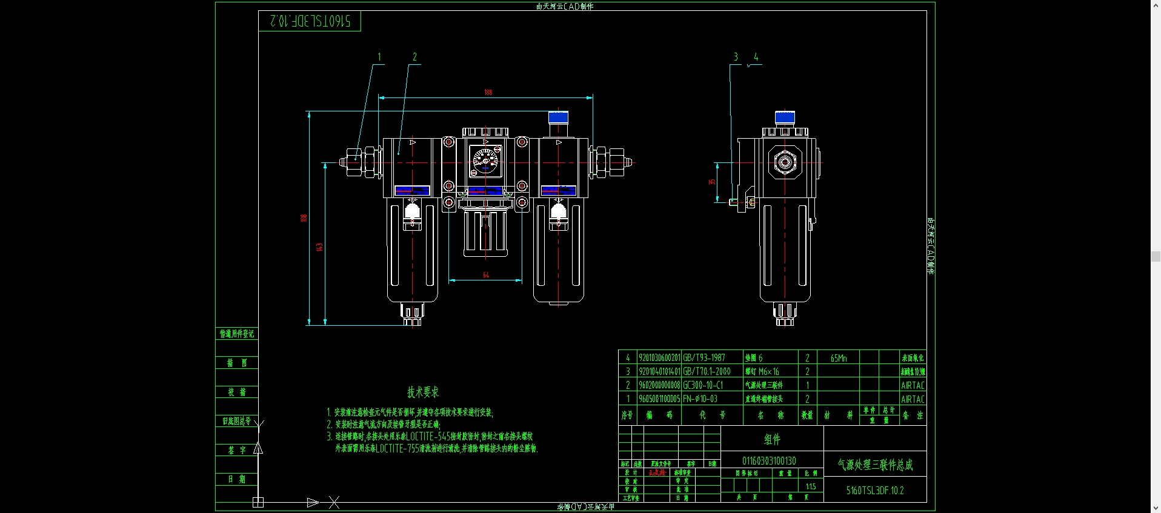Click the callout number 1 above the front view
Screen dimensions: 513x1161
379,57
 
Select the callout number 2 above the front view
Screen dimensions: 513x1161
414,57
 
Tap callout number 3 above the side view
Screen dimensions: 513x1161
736,57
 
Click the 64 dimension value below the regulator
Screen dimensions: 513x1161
486,275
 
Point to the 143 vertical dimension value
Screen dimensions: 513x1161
319,247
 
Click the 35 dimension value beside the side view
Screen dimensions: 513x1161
712,182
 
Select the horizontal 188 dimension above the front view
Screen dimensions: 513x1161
488,93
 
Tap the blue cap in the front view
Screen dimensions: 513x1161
558,117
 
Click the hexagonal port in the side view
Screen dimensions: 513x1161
785,162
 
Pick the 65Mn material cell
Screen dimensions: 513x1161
839,358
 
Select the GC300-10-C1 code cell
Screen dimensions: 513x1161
703,385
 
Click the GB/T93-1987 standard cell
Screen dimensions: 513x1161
704,358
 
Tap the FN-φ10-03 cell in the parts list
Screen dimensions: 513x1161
700,399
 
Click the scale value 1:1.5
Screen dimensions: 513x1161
811,486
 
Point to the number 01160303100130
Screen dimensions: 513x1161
769,461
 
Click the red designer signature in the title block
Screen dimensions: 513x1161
657,472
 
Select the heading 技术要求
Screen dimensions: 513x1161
423,392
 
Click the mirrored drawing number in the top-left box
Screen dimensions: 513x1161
310,21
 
